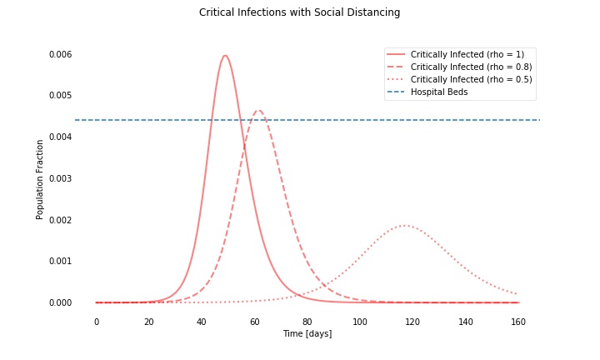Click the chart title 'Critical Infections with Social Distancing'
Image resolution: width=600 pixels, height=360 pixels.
(x=299, y=12)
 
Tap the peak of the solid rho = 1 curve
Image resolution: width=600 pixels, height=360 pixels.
(x=225, y=56)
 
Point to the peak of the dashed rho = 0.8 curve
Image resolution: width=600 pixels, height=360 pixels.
(x=258, y=111)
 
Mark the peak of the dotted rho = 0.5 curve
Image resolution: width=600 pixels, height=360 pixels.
(x=403, y=225)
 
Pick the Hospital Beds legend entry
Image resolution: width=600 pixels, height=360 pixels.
(x=439, y=92)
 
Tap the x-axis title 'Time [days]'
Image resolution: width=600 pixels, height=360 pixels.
(x=307, y=333)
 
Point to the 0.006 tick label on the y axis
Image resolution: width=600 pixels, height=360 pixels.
(x=60, y=54)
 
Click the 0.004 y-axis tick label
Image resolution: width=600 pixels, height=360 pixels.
(x=60, y=137)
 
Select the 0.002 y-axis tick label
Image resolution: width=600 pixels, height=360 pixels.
(x=60, y=220)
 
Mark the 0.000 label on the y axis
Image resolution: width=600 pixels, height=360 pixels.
(x=60, y=302)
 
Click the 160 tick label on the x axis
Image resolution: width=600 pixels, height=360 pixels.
(x=518, y=322)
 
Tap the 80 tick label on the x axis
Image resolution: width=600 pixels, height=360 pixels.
(x=307, y=322)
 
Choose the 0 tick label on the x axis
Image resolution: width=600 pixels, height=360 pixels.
(x=96, y=322)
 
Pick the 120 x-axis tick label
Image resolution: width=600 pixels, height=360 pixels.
(x=412, y=322)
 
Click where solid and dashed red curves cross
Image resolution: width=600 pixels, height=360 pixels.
(x=245, y=147)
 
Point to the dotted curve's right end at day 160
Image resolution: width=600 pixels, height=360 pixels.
(x=518, y=294)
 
